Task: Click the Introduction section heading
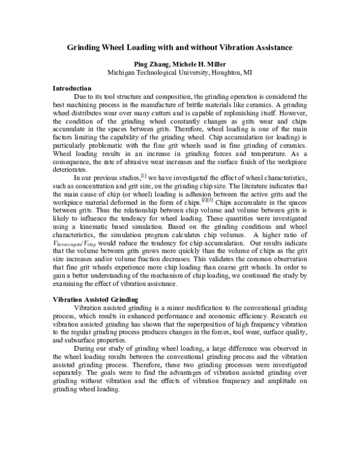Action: [72, 88]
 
